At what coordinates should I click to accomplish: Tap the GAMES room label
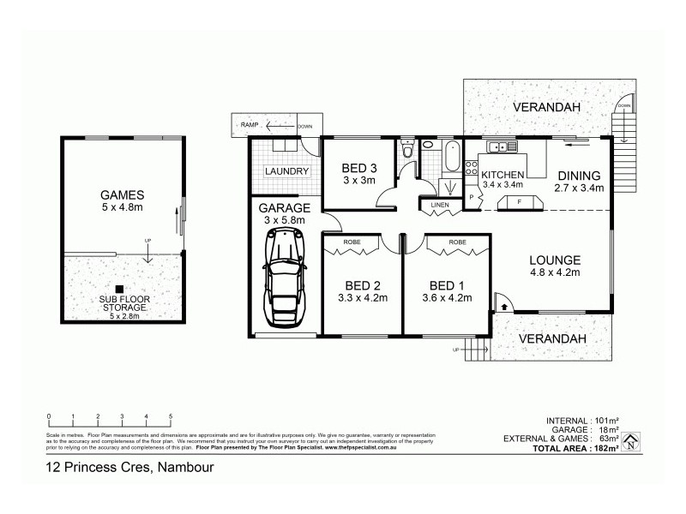click(121, 194)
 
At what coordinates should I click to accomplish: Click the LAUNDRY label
click(286, 171)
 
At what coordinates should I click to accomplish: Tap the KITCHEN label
click(502, 175)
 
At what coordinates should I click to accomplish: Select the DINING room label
click(579, 175)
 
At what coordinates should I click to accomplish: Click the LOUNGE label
click(555, 260)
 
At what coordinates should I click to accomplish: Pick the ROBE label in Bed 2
click(352, 242)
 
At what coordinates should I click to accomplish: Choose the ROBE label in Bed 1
click(457, 242)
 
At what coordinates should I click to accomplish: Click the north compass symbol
click(631, 442)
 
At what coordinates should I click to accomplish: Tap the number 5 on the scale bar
click(171, 416)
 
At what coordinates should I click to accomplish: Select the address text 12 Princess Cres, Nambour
click(129, 468)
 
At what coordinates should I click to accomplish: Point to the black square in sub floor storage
click(121, 289)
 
